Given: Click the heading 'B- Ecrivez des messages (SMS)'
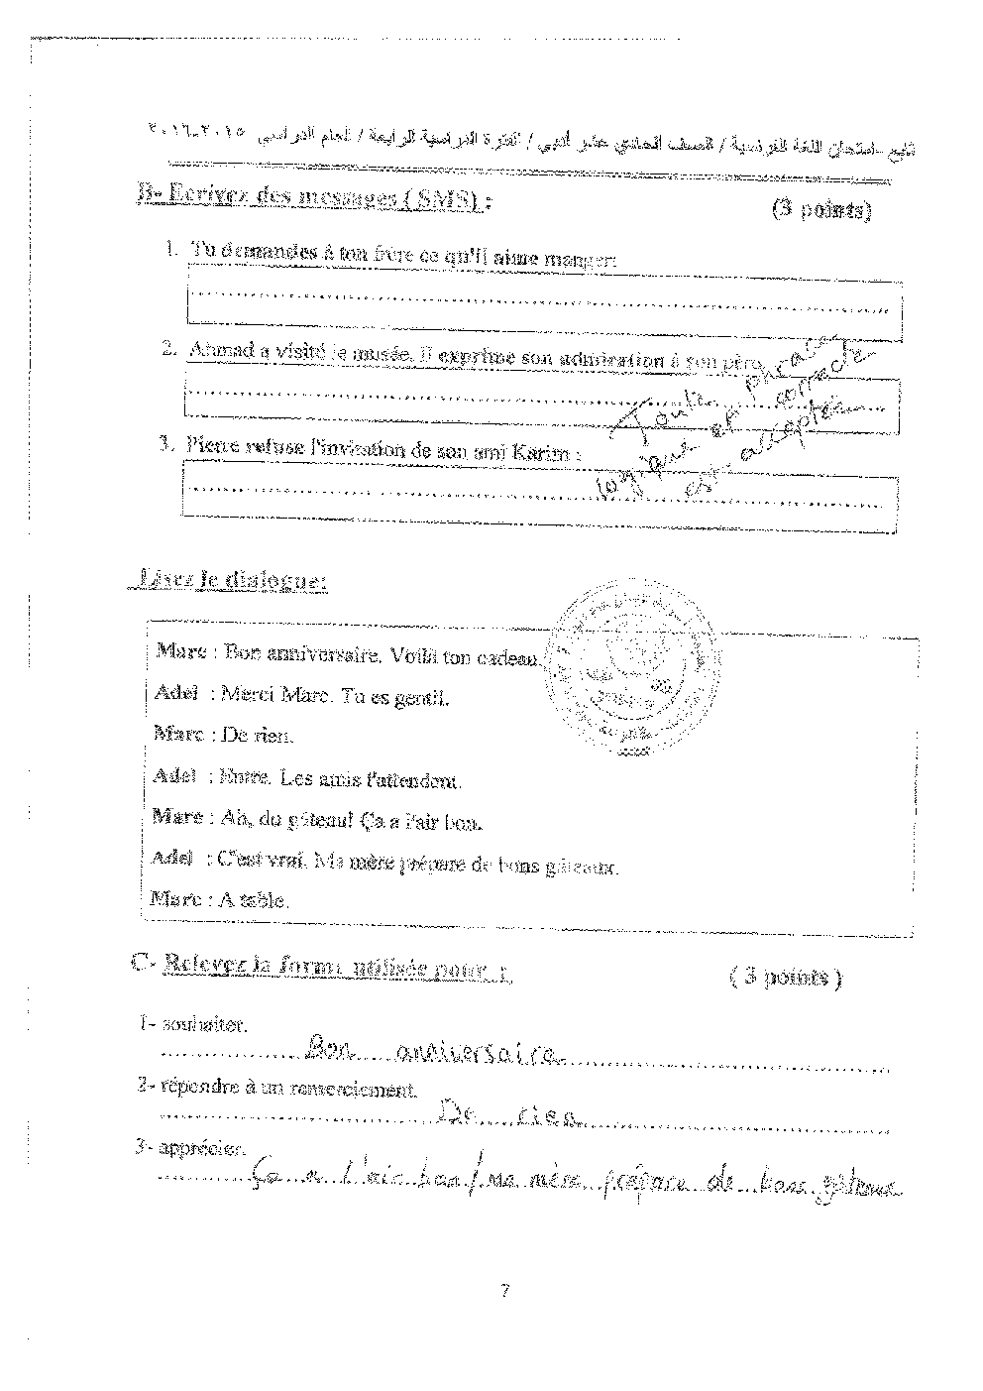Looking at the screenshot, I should tap(312, 196).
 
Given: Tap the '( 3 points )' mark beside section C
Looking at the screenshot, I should tap(785, 978).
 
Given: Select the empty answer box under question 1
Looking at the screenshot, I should tap(544, 301).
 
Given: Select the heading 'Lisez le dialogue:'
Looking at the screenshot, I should tap(229, 582).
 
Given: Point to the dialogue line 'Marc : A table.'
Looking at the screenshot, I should tap(220, 900).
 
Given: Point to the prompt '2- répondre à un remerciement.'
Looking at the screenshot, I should tap(276, 1087).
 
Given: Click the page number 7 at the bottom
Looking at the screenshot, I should tap(504, 1291).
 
